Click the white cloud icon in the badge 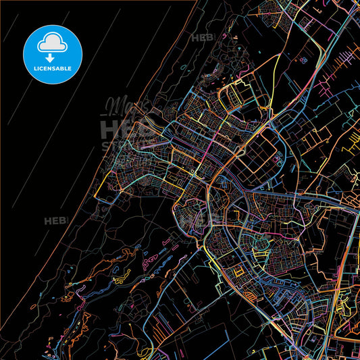[x=52, y=43]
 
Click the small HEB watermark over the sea [x=55, y=221]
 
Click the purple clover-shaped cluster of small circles [x=303, y=61]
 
